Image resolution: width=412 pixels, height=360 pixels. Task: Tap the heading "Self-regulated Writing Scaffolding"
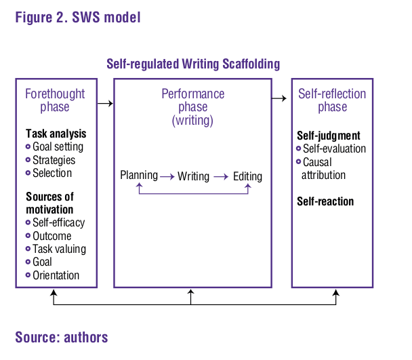(193, 64)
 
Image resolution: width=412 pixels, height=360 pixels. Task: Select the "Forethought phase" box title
(55, 100)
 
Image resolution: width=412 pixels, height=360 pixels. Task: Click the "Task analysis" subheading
(56, 134)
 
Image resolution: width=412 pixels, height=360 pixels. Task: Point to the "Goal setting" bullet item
(58, 146)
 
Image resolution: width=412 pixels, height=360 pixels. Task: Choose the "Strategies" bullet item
(54, 160)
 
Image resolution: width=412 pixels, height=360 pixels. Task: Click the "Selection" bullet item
(52, 173)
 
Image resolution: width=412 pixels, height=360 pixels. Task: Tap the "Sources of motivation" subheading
(49, 203)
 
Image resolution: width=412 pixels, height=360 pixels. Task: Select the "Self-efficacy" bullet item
(58, 222)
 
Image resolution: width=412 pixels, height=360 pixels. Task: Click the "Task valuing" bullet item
(59, 249)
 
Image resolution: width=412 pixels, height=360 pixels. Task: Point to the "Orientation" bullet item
(56, 275)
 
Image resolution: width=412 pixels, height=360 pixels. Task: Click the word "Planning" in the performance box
(139, 176)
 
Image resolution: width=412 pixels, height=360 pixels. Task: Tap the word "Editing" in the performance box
(247, 176)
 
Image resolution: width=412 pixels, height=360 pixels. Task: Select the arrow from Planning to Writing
(167, 176)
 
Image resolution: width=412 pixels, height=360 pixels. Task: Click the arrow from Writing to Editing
(220, 176)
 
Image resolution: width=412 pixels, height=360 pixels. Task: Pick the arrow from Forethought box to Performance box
(104, 104)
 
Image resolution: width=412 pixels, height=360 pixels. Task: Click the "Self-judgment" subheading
(329, 136)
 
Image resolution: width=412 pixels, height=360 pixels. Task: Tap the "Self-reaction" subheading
(325, 201)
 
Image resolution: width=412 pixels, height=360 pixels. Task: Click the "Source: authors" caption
(61, 337)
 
